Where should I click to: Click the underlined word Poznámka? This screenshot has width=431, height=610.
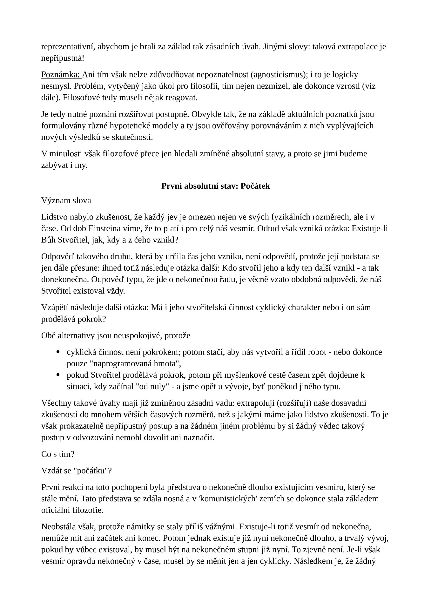61,75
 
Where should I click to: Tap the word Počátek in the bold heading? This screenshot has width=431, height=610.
255,186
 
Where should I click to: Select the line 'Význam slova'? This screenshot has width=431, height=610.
66,200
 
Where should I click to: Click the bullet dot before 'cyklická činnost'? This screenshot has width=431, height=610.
58,352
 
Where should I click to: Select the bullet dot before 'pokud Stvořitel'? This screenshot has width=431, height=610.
58,375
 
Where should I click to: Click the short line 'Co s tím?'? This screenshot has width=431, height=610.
57,454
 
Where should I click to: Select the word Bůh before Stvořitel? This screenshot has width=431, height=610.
48,240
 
